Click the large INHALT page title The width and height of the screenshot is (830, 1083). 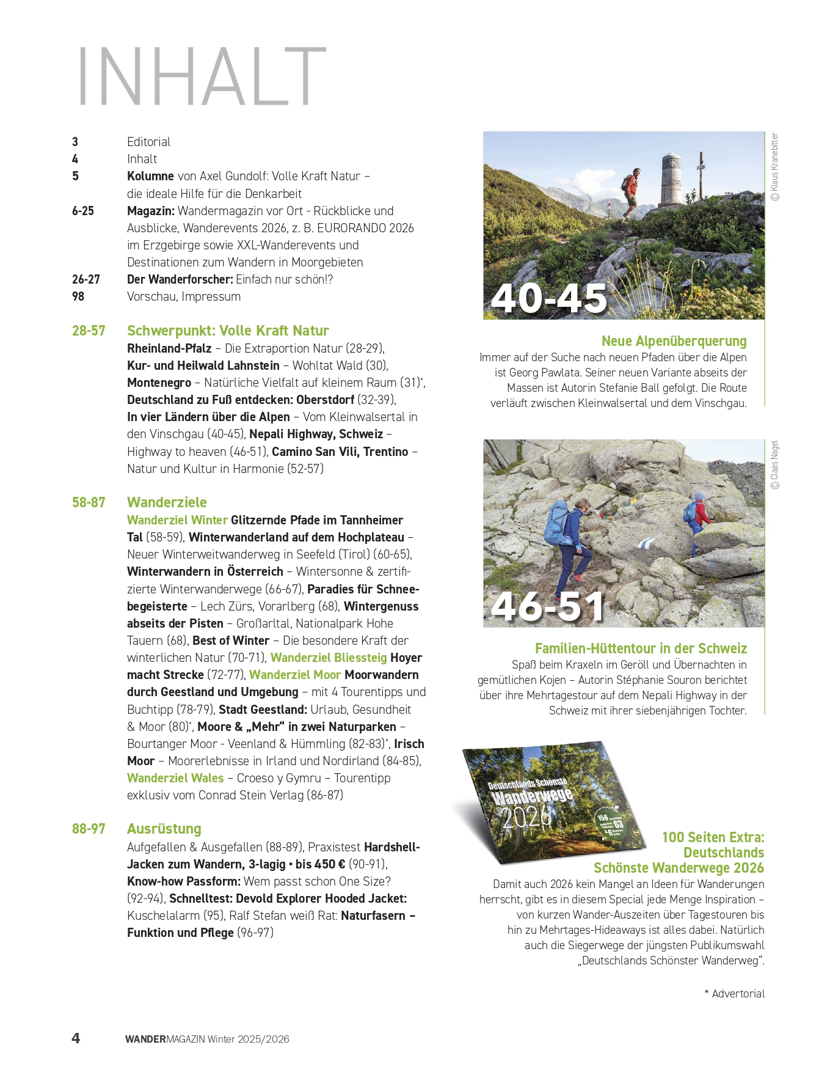[x=202, y=77]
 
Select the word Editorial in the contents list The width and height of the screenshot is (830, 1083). [x=148, y=142]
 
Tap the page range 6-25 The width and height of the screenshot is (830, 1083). [x=83, y=211]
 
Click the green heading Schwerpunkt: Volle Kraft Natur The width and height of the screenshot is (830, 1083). [x=228, y=331]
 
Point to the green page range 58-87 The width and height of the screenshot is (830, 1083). [x=89, y=502]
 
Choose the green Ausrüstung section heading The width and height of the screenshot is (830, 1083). [x=164, y=829]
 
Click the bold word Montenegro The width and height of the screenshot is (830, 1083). [x=159, y=383]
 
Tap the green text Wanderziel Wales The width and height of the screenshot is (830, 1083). [x=175, y=778]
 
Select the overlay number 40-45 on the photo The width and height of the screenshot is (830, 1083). [x=548, y=298]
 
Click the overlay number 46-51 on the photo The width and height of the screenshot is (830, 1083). [x=547, y=606]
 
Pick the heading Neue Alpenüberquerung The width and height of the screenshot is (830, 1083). [x=674, y=341]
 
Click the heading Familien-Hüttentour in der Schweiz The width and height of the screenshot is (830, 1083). [x=641, y=648]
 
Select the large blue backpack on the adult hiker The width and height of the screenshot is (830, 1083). [x=557, y=524]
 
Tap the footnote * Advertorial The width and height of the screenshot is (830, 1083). [x=734, y=994]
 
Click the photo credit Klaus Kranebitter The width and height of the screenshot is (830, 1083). [x=775, y=167]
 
